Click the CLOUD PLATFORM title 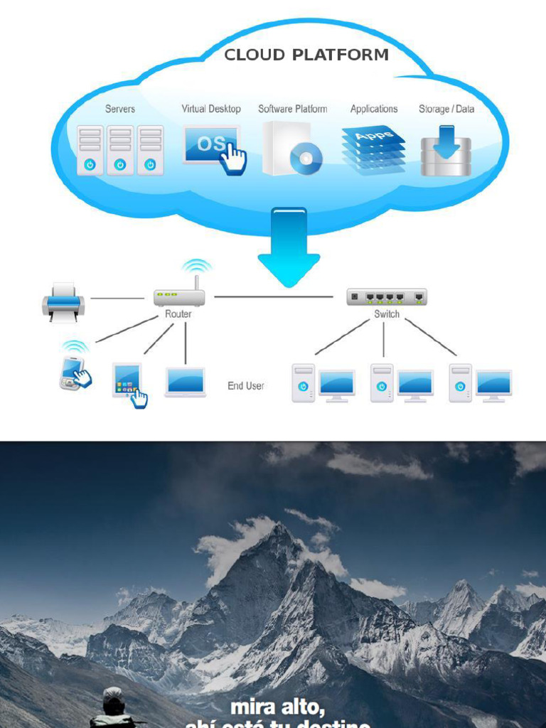306,55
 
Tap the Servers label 120,109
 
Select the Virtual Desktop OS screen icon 211,145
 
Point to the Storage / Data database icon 446,151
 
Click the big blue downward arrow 289,245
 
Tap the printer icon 63,302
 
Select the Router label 178,314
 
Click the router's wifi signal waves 196,266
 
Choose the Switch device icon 387,296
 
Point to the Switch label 387,314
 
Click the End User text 245,385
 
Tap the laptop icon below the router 186,382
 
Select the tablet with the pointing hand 128,381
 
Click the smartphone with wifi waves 73,370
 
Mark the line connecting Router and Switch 274,296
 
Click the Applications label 373,109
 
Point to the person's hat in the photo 112,695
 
